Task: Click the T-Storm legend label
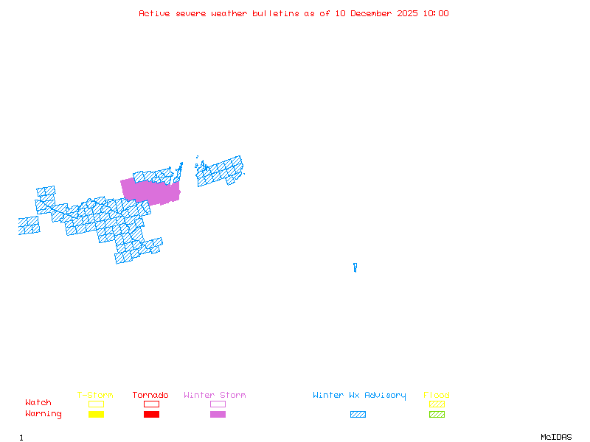click(x=95, y=396)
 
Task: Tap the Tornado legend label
click(x=150, y=396)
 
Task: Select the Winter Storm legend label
click(x=215, y=396)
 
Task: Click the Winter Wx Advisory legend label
click(x=359, y=396)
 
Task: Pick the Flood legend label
click(x=437, y=396)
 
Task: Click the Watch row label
click(x=38, y=403)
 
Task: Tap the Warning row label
click(x=44, y=414)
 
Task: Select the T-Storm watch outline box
click(x=96, y=404)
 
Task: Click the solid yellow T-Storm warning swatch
click(x=96, y=415)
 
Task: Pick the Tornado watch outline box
click(x=151, y=404)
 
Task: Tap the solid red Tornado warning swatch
click(x=151, y=415)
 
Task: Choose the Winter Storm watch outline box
click(x=218, y=404)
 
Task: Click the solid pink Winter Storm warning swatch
click(x=218, y=415)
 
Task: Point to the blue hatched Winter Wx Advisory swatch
click(x=358, y=415)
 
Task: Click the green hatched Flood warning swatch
click(x=437, y=415)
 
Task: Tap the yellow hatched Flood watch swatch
click(x=437, y=404)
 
